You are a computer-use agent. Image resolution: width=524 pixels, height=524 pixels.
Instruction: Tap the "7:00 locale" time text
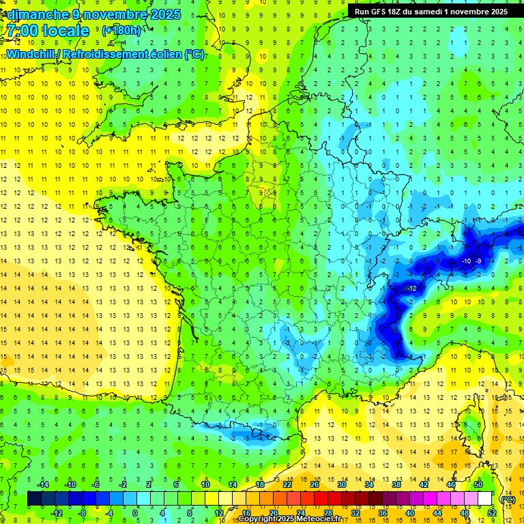pos(48,31)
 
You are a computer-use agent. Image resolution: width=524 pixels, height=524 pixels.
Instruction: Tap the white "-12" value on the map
pos(411,289)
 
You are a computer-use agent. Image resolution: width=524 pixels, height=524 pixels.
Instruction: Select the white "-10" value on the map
pos(466,261)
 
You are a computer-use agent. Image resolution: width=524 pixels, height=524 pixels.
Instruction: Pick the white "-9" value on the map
pos(479,261)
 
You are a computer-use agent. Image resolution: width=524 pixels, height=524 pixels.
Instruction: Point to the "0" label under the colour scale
pos(135,513)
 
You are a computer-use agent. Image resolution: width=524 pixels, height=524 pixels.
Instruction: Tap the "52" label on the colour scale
pos(492,513)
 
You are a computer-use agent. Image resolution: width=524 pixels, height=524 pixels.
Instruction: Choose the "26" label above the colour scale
pos(315,484)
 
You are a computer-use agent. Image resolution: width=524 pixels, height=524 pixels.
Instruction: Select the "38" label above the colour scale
pos(396,484)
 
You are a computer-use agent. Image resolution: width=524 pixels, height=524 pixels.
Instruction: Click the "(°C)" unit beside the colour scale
pos(508,499)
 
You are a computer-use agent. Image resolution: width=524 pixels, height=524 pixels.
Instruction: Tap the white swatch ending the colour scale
pos(485,499)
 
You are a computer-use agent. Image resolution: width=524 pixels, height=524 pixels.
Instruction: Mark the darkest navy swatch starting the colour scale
pos(34,499)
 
